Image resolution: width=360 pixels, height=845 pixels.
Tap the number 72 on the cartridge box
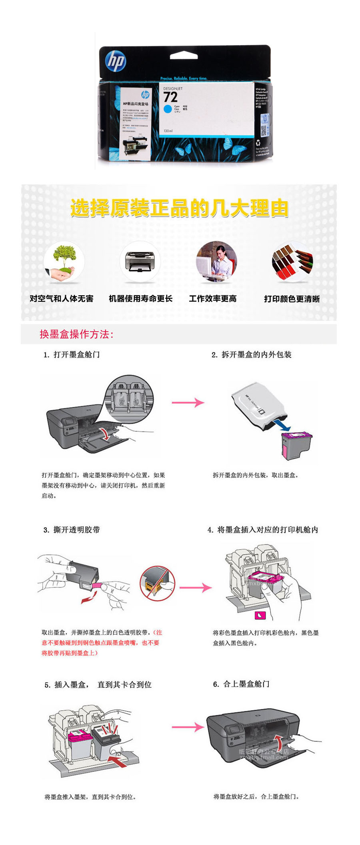[170, 97]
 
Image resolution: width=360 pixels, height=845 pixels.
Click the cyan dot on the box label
[168, 109]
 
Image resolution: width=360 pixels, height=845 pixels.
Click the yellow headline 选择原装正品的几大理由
[179, 208]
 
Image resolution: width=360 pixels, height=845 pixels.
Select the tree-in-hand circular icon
[64, 261]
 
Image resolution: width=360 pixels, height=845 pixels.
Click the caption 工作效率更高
[213, 299]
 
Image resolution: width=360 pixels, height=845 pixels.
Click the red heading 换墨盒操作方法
[76, 334]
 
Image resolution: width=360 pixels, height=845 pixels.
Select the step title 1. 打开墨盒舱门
[72, 355]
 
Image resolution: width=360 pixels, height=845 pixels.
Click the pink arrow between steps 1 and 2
[188, 402]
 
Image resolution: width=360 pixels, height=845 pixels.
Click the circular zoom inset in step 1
[129, 398]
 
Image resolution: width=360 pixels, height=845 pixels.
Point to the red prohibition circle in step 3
[158, 583]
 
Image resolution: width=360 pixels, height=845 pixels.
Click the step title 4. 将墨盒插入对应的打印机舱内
[263, 530]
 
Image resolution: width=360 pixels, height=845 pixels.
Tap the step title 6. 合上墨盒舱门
[241, 684]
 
